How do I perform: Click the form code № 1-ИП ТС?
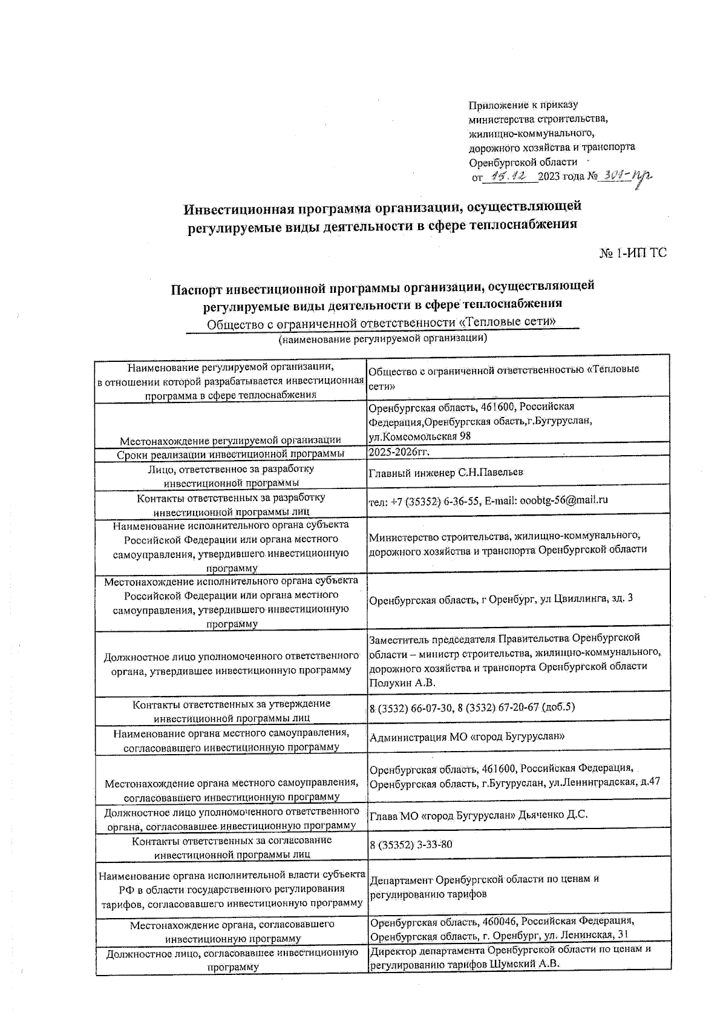point(632,253)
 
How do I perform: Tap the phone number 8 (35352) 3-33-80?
point(411,844)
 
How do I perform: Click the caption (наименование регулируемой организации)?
point(382,339)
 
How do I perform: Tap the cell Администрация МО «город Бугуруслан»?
point(467,737)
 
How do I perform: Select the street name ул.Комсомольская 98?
point(419,436)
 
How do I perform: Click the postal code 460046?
point(498,921)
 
